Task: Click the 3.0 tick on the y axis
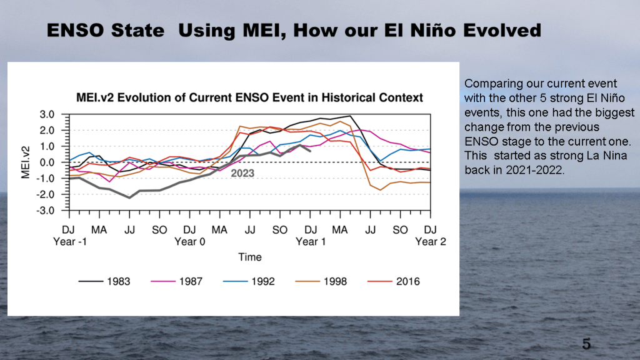click(x=47, y=114)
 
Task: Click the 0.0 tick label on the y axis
click(x=47, y=162)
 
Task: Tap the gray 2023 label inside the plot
click(x=242, y=173)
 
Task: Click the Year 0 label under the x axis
click(x=190, y=242)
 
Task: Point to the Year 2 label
click(x=431, y=242)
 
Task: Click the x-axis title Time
click(x=249, y=257)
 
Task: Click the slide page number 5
click(x=586, y=343)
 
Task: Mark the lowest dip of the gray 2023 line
click(x=129, y=197)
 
